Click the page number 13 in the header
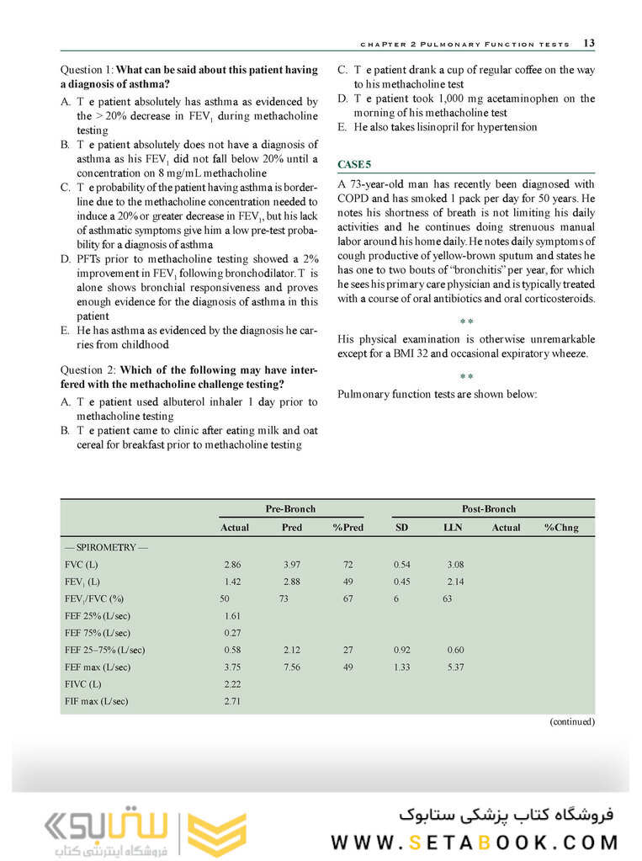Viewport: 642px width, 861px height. click(x=589, y=43)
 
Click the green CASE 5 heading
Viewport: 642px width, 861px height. click(x=354, y=163)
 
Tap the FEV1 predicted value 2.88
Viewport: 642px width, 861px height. click(x=291, y=582)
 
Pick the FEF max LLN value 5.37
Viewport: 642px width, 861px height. click(x=455, y=667)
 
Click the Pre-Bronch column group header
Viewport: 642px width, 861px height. click(x=291, y=508)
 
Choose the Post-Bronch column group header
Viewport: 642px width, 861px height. click(x=489, y=508)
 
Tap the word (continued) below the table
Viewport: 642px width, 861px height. click(x=572, y=721)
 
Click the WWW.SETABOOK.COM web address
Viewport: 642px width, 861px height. click(x=475, y=842)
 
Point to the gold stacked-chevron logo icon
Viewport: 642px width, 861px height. click(x=204, y=834)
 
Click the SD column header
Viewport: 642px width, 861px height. click(x=402, y=528)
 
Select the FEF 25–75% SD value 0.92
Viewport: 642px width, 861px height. click(x=405, y=650)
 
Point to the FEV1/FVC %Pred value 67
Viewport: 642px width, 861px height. click(x=348, y=598)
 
